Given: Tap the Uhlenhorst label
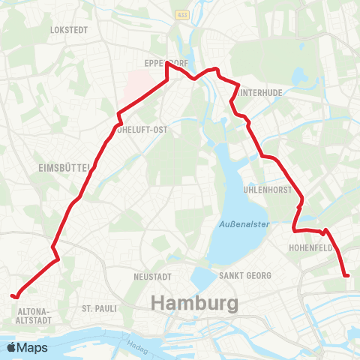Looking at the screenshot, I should click(x=267, y=190).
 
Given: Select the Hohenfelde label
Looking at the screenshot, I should click(x=309, y=245).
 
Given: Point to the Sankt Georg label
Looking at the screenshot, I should click(x=244, y=276).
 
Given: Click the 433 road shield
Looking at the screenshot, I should click(x=182, y=14).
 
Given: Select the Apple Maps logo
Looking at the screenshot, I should click(x=27, y=347).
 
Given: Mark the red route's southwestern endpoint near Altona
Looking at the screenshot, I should click(x=14, y=295).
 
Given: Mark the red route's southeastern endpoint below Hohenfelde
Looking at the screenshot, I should click(x=347, y=276).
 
